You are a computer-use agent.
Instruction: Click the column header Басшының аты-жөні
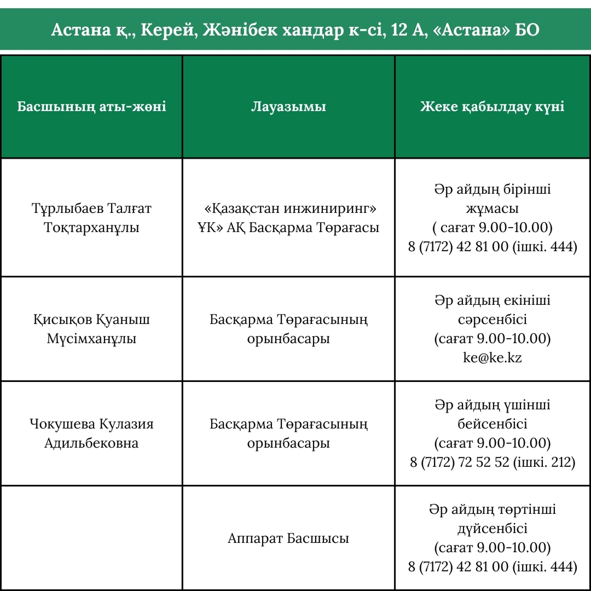pyautogui.click(x=91, y=106)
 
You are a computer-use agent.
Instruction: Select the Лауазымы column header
pyautogui.click(x=288, y=106)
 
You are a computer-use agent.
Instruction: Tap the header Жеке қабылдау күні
pyautogui.click(x=492, y=106)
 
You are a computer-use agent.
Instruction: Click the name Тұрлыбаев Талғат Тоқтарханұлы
pyautogui.click(x=91, y=218)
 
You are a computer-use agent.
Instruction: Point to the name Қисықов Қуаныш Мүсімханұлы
pyautogui.click(x=91, y=329)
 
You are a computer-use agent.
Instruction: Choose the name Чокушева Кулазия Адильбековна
pyautogui.click(x=91, y=433)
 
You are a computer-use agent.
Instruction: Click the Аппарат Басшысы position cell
pyautogui.click(x=288, y=538)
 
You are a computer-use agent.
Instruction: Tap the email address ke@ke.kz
pyautogui.click(x=492, y=358)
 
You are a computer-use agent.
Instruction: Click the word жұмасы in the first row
pyautogui.click(x=492, y=208)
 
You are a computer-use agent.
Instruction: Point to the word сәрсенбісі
pyautogui.click(x=492, y=320)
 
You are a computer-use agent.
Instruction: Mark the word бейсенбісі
pyautogui.click(x=492, y=424)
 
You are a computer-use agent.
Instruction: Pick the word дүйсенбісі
pyautogui.click(x=492, y=529)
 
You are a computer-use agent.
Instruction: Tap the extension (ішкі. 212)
pyautogui.click(x=544, y=462)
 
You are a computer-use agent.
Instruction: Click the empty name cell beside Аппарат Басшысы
pyautogui.click(x=91, y=538)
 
